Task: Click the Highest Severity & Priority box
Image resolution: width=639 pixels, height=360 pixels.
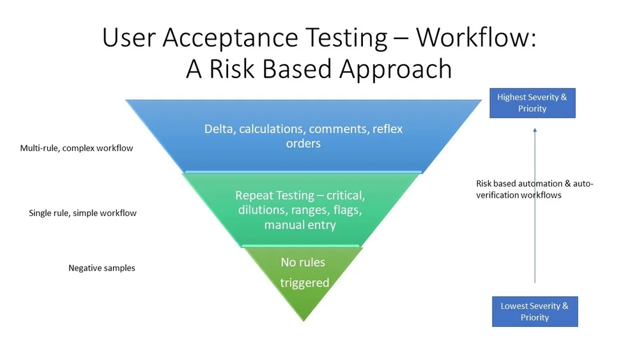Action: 532,103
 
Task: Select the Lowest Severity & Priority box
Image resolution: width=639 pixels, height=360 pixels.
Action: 535,311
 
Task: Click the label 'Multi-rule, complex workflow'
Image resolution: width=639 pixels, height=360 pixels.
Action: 77,148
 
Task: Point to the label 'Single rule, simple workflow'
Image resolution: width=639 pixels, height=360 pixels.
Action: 83,213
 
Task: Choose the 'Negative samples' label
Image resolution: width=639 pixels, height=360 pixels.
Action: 102,268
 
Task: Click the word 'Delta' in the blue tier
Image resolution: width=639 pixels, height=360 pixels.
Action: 220,129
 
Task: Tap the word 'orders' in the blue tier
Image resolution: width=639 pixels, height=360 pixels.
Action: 304,143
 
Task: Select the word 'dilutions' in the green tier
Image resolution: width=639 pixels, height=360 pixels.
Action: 261,210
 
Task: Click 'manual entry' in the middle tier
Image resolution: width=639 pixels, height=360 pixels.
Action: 300,225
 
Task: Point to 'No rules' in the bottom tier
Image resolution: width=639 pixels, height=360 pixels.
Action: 303,262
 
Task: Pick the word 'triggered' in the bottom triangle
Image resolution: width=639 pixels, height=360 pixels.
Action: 304,283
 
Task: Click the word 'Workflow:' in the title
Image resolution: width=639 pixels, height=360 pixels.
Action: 477,38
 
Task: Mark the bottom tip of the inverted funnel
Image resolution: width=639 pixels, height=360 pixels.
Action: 304,319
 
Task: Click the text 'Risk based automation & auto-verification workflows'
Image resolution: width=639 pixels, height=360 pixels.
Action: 534,189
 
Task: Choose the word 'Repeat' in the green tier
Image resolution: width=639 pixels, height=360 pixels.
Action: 255,195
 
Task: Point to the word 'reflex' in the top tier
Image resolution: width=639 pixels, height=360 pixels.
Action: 387,129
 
